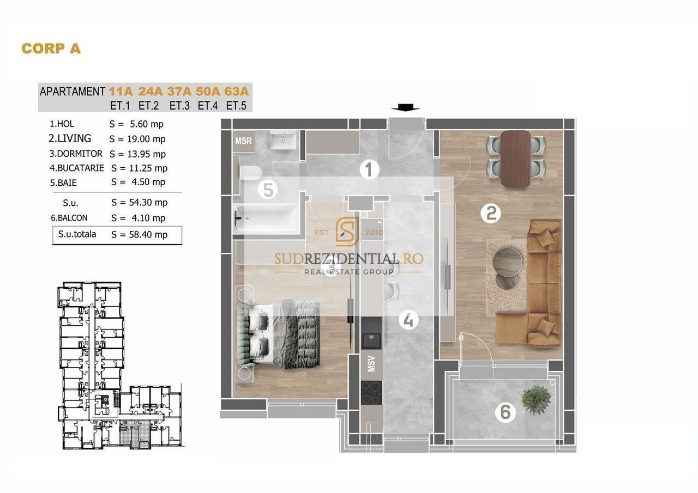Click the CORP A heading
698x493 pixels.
coord(51,48)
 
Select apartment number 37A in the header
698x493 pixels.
coord(179,92)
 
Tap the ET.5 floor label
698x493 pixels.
coord(236,106)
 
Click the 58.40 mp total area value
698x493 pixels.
coord(148,234)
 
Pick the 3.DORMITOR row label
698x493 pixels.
coord(76,154)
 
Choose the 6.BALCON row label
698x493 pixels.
coord(69,218)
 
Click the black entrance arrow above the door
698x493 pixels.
coord(406,108)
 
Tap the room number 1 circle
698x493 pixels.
coord(369,170)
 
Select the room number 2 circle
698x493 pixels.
coord(491,214)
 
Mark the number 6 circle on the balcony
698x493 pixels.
coord(505,412)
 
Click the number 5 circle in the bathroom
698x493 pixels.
coord(268,190)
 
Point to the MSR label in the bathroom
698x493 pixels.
coord(243,141)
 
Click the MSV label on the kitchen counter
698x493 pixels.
coord(371,363)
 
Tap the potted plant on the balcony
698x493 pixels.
coord(536,400)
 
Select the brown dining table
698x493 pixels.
coord(516,159)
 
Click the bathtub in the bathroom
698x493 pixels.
coord(267,218)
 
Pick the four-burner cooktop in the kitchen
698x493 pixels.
coord(371,392)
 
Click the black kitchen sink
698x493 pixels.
coord(371,333)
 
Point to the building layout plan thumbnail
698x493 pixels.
coord(121,366)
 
